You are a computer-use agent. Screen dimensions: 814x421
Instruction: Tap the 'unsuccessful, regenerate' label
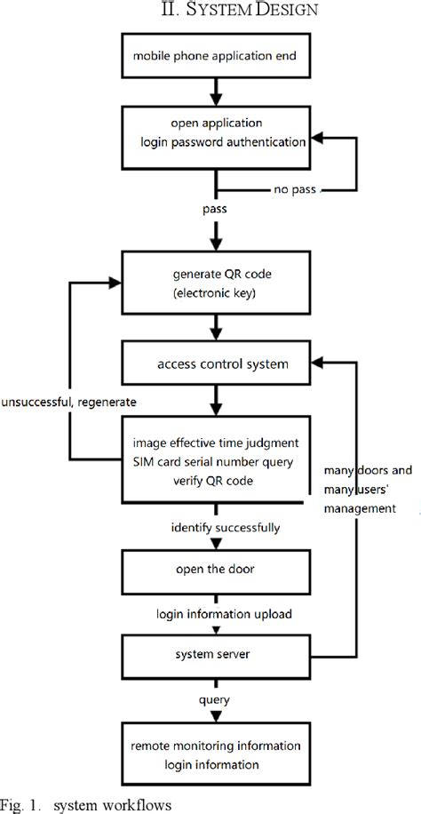click(68, 403)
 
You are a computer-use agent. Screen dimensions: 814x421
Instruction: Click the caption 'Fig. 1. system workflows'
click(97, 805)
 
